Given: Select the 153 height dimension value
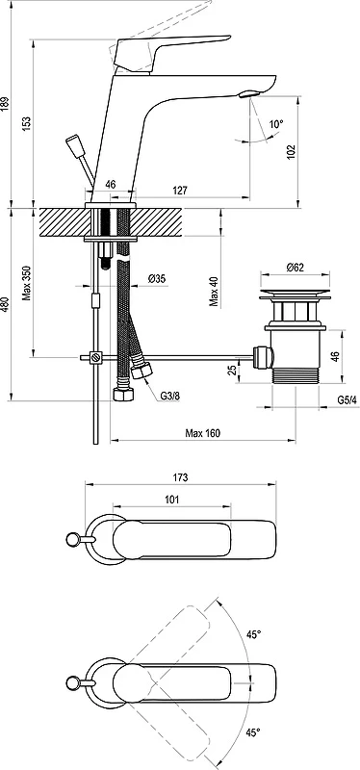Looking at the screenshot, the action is pyautogui.click(x=27, y=123).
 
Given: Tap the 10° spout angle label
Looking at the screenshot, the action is pyautogui.click(x=276, y=124).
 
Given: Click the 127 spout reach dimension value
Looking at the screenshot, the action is pyautogui.click(x=180, y=190).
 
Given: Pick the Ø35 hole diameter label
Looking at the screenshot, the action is pyautogui.click(x=157, y=279).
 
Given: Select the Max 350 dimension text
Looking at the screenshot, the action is pyautogui.click(x=27, y=283).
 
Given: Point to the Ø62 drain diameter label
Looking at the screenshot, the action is pyautogui.click(x=295, y=268).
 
